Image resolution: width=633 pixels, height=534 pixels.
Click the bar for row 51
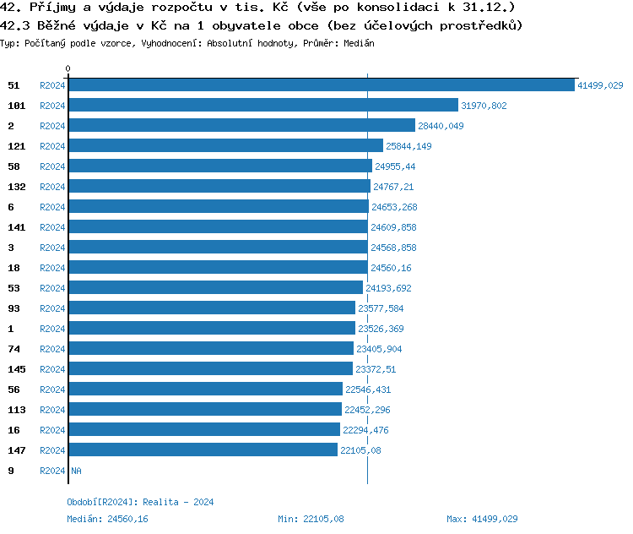coord(322,85)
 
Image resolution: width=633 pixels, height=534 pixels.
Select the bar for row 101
coord(263,106)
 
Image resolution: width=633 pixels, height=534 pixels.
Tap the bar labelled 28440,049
coord(241,126)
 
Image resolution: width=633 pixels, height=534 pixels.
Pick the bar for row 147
coord(203,450)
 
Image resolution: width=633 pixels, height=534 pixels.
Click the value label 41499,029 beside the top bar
coord(600,85)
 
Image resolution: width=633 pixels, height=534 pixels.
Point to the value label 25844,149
coord(408,146)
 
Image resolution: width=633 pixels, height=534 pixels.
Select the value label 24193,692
coord(388,288)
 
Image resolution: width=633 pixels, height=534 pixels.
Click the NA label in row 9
coord(76,471)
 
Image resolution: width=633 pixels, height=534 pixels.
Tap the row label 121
coord(15,146)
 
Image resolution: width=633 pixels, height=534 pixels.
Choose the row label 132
coord(15,187)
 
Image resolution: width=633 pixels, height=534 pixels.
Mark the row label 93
coord(13,308)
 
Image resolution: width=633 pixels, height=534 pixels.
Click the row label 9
coord(10,471)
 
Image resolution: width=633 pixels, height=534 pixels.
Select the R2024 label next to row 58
coord(52,166)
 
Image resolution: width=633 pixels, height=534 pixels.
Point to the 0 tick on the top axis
coord(68,68)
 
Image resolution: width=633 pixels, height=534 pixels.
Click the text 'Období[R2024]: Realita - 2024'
coord(140,502)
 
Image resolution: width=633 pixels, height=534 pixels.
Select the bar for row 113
coord(205,410)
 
